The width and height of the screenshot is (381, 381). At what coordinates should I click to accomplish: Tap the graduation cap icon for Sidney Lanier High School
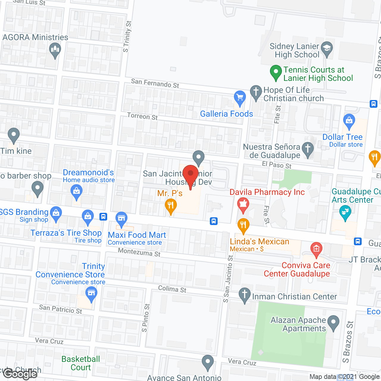pos(327,48)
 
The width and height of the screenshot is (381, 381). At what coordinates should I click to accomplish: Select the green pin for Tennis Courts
pos(276,72)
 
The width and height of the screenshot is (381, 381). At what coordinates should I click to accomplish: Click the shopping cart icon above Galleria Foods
pos(240,97)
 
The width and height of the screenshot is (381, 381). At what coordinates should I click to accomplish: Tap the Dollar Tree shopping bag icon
pos(349,121)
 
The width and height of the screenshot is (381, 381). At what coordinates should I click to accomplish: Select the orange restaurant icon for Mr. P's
pos(171,205)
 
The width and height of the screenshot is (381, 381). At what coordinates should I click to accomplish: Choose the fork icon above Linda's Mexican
pos(243,225)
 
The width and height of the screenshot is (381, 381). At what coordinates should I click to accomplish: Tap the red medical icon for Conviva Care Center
pos(316,249)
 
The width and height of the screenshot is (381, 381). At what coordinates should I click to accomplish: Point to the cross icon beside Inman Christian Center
pos(245,295)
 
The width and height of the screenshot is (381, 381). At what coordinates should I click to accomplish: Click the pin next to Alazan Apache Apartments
pos(333,322)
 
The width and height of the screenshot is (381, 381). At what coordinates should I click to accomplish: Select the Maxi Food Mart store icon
pos(121,219)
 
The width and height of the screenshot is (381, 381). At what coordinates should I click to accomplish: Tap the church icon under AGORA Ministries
pos(55,49)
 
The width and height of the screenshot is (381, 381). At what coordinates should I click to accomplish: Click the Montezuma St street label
pos(139,252)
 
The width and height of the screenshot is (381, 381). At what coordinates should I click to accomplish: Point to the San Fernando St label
pos(155,83)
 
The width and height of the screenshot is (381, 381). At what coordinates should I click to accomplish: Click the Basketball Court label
pos(81,363)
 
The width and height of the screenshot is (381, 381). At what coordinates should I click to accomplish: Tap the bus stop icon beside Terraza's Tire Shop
pos(103,216)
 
